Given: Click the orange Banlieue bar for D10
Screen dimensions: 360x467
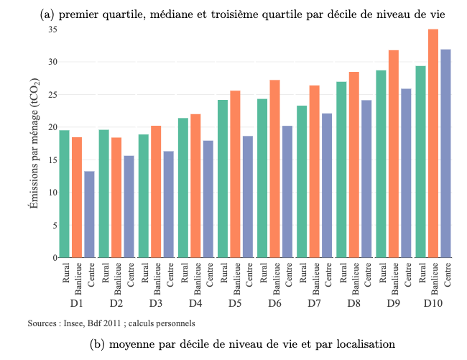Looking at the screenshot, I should click(x=433, y=143).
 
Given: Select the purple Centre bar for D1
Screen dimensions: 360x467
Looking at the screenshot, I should click(x=89, y=214).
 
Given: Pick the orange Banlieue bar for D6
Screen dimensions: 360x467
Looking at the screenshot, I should click(x=274, y=168).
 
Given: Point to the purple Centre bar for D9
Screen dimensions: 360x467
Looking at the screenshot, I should click(x=407, y=172).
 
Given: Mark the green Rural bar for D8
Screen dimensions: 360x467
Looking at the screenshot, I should click(x=341, y=170).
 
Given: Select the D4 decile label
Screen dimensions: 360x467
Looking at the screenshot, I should click(x=195, y=304).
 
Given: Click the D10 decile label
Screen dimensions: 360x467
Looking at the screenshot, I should click(x=433, y=304).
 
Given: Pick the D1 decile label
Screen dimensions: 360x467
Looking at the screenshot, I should click(x=77, y=304).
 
